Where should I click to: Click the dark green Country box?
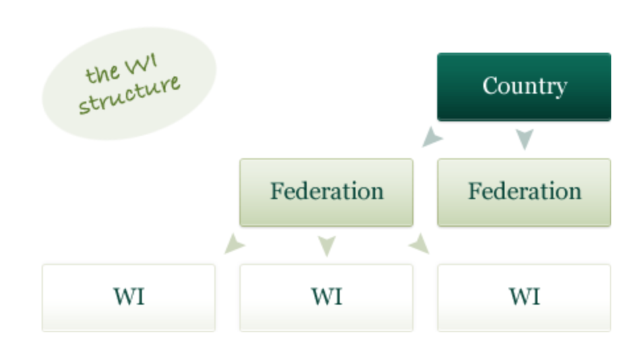(524, 87)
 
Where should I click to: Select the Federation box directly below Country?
(524, 193)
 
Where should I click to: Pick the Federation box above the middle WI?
(326, 193)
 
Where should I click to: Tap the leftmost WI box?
(128, 297)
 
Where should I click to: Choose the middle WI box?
(326, 297)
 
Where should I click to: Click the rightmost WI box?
(524, 297)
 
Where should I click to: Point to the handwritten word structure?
(129, 96)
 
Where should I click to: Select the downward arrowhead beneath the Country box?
(524, 139)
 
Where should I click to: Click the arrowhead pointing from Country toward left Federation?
(432, 137)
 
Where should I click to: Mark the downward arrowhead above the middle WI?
(326, 246)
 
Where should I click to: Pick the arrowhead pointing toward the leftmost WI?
(234, 245)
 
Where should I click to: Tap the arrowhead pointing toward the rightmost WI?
(419, 245)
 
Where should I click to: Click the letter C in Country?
(490, 86)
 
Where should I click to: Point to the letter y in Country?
(560, 88)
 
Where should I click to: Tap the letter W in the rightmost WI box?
(519, 297)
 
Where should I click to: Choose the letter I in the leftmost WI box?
(139, 297)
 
